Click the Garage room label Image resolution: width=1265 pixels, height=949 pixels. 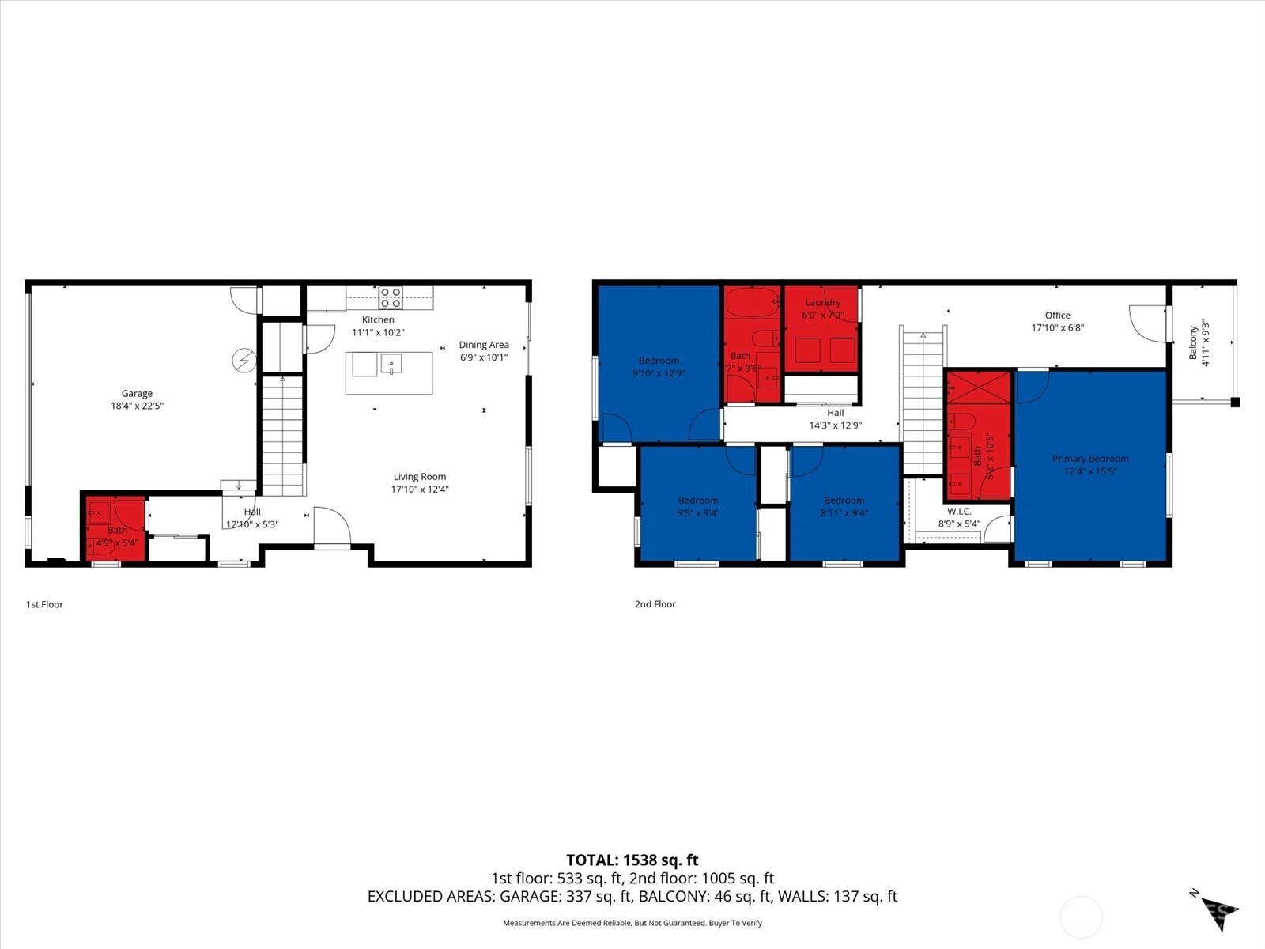tap(137, 393)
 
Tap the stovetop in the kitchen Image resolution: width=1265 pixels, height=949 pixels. tap(390, 297)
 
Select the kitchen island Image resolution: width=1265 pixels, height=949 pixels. tap(389, 372)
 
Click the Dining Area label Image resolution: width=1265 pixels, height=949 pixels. tap(484, 345)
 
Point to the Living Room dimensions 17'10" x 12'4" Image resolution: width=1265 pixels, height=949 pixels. tap(420, 490)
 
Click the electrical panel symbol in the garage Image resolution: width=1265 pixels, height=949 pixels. tap(244, 361)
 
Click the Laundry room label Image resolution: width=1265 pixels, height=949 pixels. tap(822, 302)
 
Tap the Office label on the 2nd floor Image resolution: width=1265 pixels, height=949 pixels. tap(1057, 315)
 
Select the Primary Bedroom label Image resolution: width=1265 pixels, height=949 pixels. tap(1089, 459)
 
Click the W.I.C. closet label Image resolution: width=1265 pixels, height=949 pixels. tap(959, 512)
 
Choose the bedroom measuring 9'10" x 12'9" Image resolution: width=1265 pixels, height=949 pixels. tap(659, 365)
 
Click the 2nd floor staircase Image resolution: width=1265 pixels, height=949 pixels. tap(923, 403)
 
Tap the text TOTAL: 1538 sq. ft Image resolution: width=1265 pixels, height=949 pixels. tap(632, 860)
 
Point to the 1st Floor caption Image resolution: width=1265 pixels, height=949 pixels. tap(44, 604)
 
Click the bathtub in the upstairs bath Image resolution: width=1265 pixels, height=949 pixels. tap(752, 303)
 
